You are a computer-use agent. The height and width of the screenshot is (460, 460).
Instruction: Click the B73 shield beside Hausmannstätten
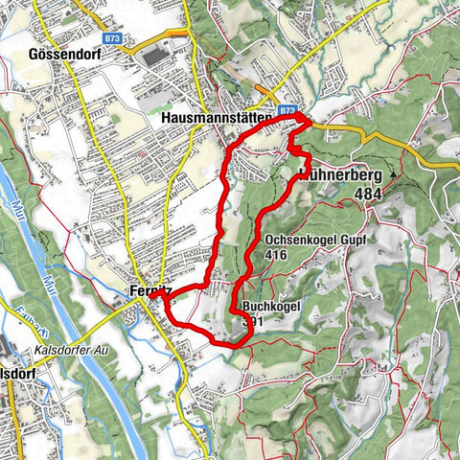coord(288,112)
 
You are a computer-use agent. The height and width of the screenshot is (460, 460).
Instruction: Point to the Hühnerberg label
coord(341,176)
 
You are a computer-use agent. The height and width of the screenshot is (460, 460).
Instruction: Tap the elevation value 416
coord(277,256)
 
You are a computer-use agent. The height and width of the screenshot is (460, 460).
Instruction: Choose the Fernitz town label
coord(148,291)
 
